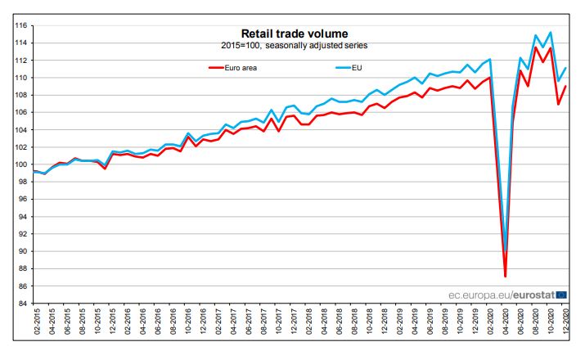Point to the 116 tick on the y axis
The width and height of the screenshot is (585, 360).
pyautogui.click(x=20, y=25)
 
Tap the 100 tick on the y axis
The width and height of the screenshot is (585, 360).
pyautogui.click(x=20, y=164)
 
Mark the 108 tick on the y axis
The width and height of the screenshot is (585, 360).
pyautogui.click(x=20, y=95)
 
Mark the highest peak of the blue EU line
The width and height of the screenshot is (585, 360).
pyautogui.click(x=550, y=33)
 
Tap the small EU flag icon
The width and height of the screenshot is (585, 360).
pyautogui.click(x=561, y=295)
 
